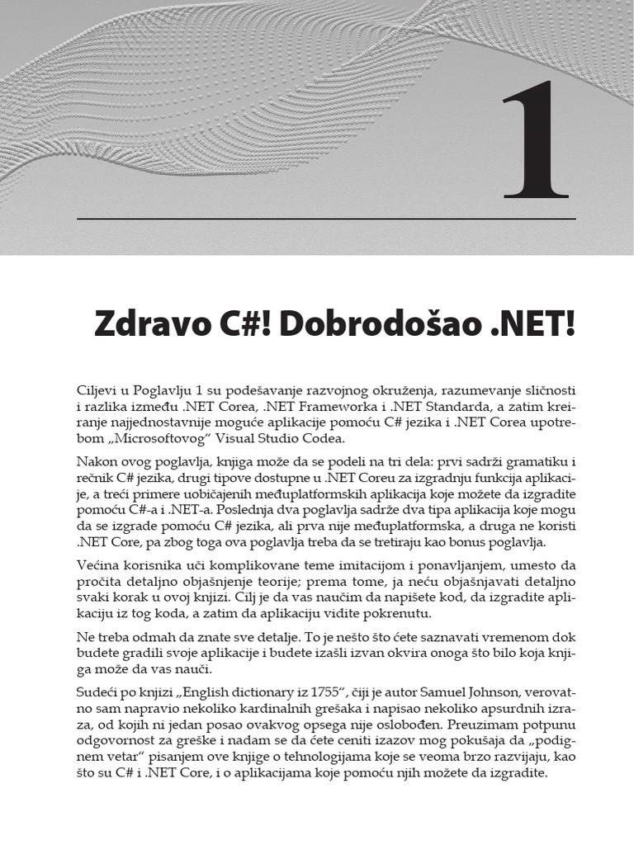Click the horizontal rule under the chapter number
coord(326,219)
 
